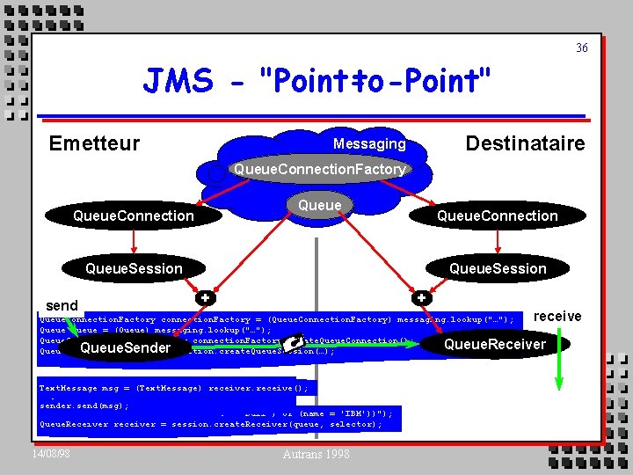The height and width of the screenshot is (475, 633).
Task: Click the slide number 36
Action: [x=582, y=48]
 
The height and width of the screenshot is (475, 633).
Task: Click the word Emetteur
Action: [x=94, y=143]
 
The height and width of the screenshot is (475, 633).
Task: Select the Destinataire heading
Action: [x=525, y=143]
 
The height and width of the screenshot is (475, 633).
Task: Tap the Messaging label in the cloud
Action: [x=369, y=143]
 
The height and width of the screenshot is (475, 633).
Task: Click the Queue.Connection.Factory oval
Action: [x=317, y=169]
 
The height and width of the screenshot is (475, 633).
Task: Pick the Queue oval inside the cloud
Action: [x=319, y=205]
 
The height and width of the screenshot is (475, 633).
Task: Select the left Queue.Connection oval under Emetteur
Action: [x=134, y=216]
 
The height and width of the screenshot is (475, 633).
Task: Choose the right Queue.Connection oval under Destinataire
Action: [x=498, y=216]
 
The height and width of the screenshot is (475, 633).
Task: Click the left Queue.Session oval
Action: [x=134, y=268]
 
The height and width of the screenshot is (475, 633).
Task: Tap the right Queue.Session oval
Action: [x=498, y=268]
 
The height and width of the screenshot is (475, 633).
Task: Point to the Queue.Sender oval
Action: [x=125, y=348]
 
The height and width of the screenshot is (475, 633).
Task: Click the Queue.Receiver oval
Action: [x=495, y=344]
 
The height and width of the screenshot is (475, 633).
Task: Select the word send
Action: [x=62, y=306]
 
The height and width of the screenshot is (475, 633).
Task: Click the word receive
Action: [x=557, y=316]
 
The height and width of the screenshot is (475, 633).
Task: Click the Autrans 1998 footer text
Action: [x=316, y=454]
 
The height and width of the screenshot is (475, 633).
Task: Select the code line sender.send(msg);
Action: [x=84, y=406]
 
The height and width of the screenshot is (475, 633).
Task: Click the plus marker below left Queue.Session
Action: [x=205, y=297]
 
